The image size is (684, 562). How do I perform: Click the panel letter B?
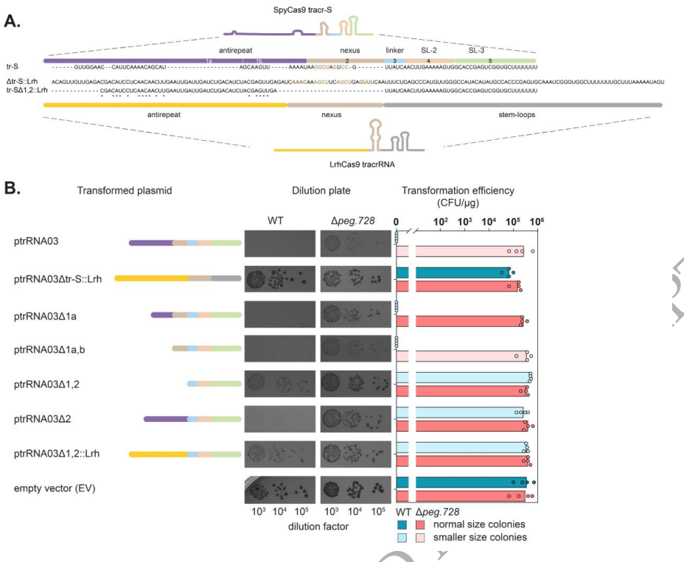(x=12, y=189)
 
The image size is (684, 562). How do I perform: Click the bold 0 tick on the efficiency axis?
(x=397, y=219)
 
